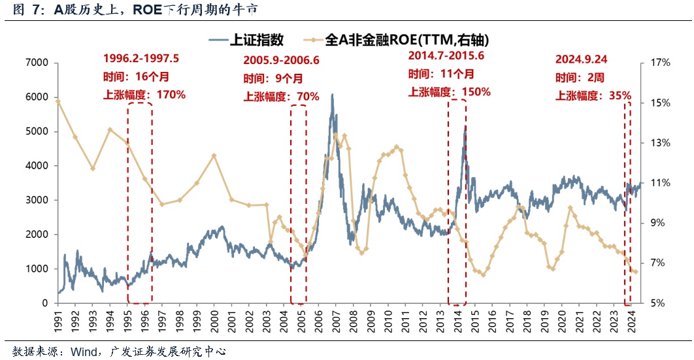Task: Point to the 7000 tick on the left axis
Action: tap(36, 63)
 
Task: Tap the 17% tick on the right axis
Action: tap(661, 63)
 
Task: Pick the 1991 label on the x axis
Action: tap(58, 319)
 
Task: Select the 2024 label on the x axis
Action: tap(630, 319)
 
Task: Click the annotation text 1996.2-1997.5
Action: tap(140, 58)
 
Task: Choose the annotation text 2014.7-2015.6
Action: tap(446, 55)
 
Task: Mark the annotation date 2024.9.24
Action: tap(581, 59)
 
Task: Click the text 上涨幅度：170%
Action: tap(144, 95)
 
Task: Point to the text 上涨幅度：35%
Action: tap(593, 95)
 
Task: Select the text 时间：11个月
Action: tap(441, 73)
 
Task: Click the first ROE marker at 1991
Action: tap(58, 101)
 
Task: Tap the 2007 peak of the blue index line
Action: tap(332, 95)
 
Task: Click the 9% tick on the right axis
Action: tap(658, 223)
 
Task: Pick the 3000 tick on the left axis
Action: tap(36, 200)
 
